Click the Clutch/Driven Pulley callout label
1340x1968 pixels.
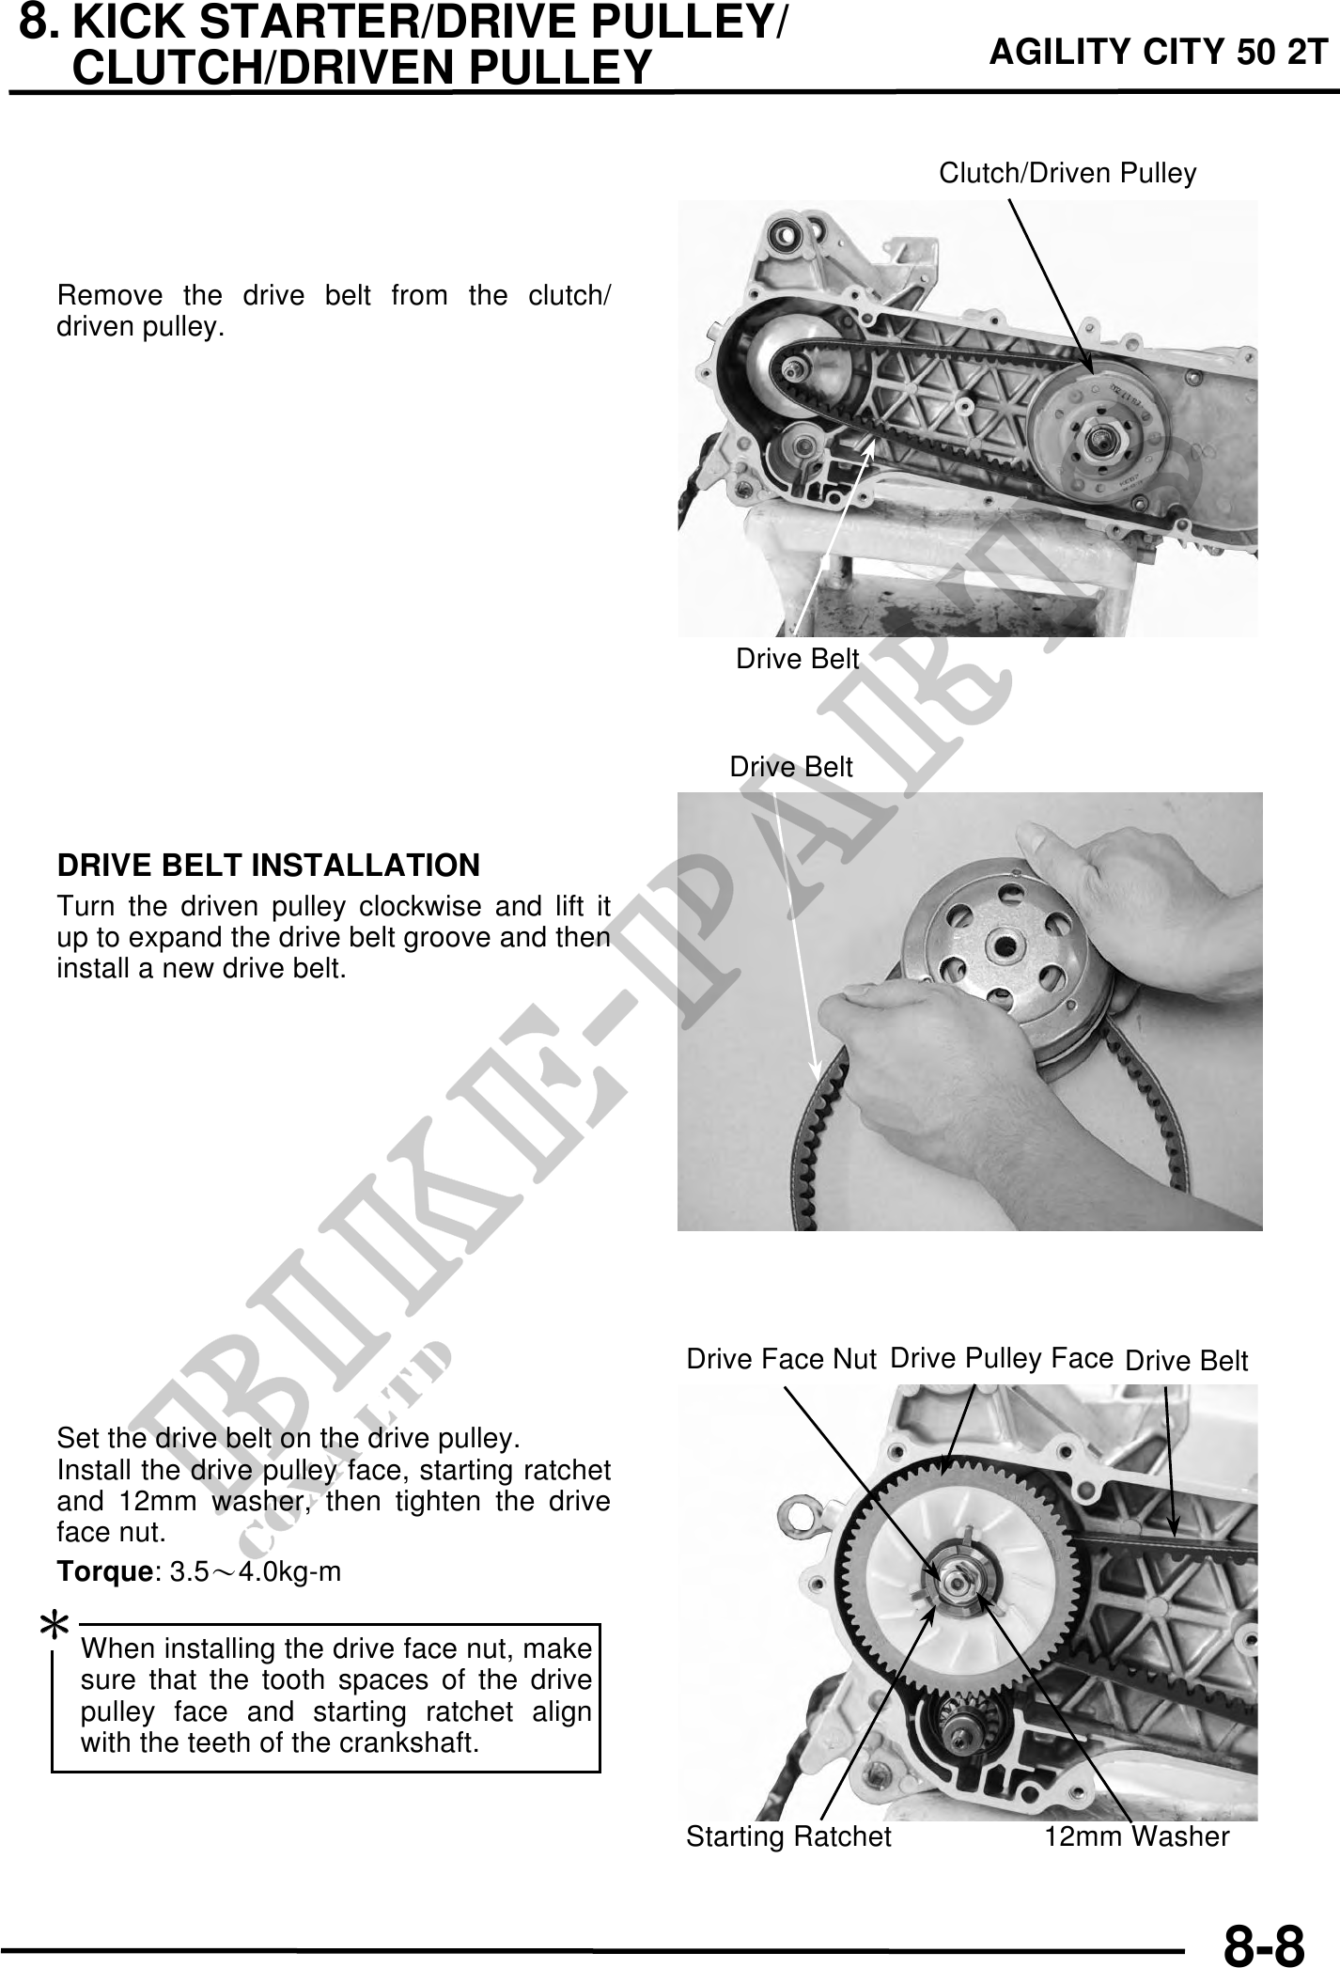point(1067,173)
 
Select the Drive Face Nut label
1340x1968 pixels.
point(781,1359)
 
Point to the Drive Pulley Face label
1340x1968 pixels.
point(1002,1358)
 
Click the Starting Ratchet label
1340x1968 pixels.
point(788,1836)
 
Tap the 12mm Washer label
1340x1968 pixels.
point(1137,1836)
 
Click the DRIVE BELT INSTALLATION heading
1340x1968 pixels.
point(269,865)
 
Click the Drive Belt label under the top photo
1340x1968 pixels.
point(797,660)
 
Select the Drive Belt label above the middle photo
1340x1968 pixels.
point(791,768)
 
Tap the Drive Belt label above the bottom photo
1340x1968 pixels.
point(1186,1361)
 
